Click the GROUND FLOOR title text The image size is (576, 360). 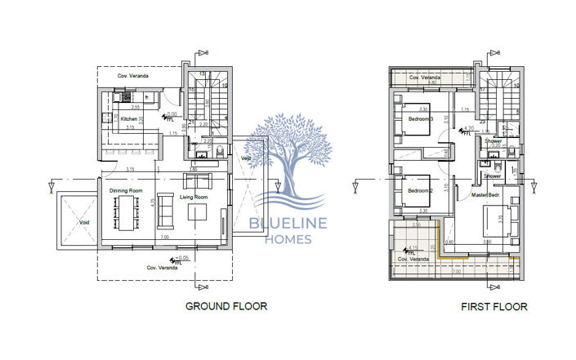pyautogui.click(x=226, y=306)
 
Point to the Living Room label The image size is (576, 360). pyautogui.click(x=193, y=197)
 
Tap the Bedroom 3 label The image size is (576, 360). pyautogui.click(x=421, y=118)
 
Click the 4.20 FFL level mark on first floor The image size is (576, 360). pyautogui.click(x=468, y=129)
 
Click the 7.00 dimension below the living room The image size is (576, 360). pyautogui.click(x=164, y=237)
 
